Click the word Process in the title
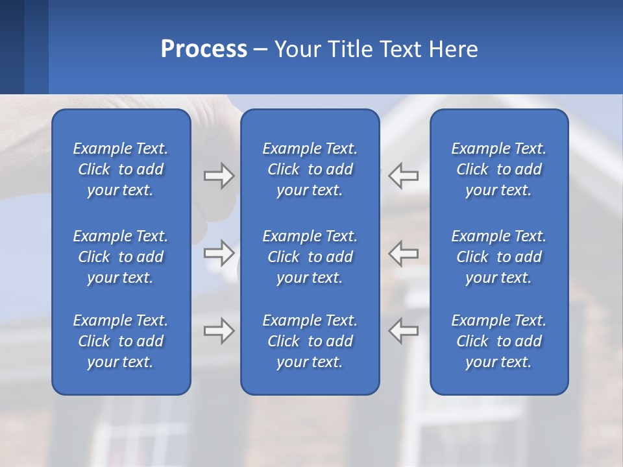(x=204, y=49)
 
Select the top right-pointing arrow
(x=219, y=175)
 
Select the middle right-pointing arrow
(x=219, y=253)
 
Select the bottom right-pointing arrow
(x=219, y=331)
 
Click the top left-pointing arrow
(x=404, y=175)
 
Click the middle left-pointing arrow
(x=404, y=253)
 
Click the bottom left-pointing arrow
(x=404, y=331)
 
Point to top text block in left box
(x=121, y=169)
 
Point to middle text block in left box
(x=121, y=257)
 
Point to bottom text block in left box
(x=121, y=341)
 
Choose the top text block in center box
(x=310, y=169)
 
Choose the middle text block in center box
(x=310, y=257)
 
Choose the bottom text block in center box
(x=310, y=341)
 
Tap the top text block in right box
(x=499, y=169)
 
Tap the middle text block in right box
(x=499, y=257)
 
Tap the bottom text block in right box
(x=499, y=341)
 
